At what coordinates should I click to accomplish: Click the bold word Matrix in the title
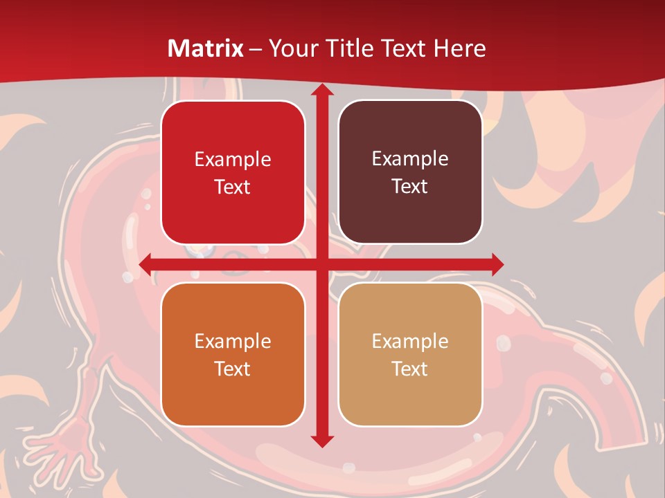coord(206,48)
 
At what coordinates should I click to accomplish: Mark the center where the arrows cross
coord(321,264)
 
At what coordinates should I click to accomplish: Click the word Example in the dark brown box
coord(410,159)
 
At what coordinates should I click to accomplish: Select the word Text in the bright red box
coord(233,187)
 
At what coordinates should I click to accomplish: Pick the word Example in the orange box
coord(233,341)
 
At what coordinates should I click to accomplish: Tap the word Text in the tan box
coord(410,369)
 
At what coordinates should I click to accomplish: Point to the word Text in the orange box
coord(233,369)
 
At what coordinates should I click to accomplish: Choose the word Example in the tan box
coord(410,341)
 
